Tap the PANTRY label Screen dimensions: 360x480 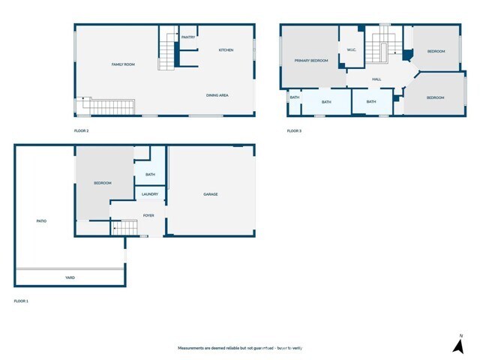(x=188, y=36)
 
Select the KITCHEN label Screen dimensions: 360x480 (x=226, y=50)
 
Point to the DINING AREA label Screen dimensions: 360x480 (x=217, y=95)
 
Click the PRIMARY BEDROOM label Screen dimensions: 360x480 (x=311, y=61)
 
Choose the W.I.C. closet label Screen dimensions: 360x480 (x=352, y=50)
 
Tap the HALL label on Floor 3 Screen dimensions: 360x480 (x=376, y=79)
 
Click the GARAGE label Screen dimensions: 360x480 (x=211, y=194)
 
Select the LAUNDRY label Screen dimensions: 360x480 (x=150, y=195)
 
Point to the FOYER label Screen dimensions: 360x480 (x=148, y=215)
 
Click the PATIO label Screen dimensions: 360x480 (x=42, y=220)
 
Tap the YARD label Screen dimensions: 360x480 (x=70, y=277)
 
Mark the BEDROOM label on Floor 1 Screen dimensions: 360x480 (x=103, y=183)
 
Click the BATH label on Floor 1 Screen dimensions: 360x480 (x=151, y=175)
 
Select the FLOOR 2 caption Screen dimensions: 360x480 (x=81, y=131)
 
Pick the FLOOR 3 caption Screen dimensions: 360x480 (x=294, y=131)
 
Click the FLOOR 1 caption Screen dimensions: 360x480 (x=21, y=301)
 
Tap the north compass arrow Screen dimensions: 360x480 (x=457, y=345)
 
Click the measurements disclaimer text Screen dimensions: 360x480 (x=239, y=348)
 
